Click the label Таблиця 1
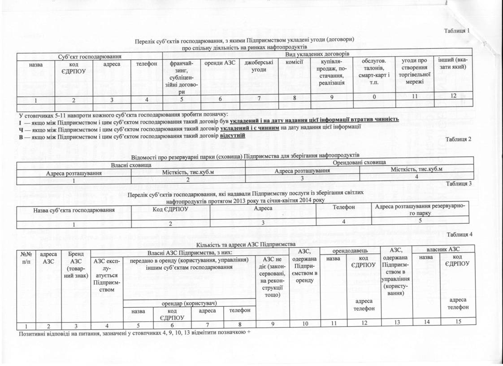pyautogui.click(x=457, y=31)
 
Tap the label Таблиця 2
pyautogui.click(x=459, y=139)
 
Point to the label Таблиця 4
pyautogui.click(x=460, y=235)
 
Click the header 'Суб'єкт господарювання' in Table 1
pyautogui.click(x=90, y=56)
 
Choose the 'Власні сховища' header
pyautogui.click(x=131, y=166)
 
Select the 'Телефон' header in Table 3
pyautogui.click(x=344, y=207)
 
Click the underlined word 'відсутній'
pyautogui.click(x=232, y=135)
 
